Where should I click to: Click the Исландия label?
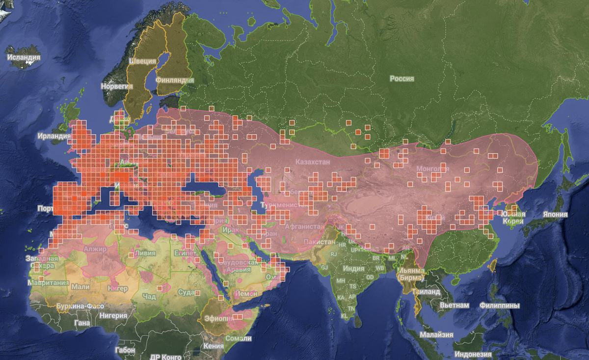[x=24, y=57]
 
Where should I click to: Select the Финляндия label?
[x=174, y=80]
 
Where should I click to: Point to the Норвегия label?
[x=117, y=86]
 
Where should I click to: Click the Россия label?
[x=402, y=79]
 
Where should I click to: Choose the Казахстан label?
[x=313, y=162]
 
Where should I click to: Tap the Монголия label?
[x=432, y=169]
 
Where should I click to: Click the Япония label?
[x=555, y=214]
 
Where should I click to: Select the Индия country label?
[x=353, y=269]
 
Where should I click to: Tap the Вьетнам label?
[x=454, y=305]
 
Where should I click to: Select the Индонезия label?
[x=474, y=355]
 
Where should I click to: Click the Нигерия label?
[x=113, y=316]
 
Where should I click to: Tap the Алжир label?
[x=95, y=249]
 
